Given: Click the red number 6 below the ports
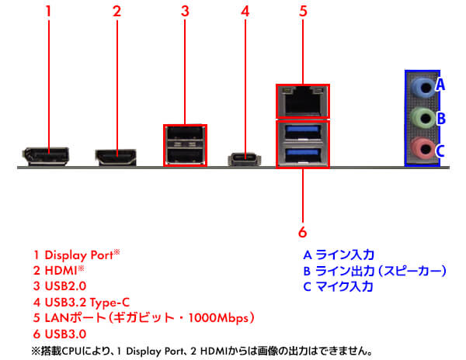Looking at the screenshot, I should pos(303,231).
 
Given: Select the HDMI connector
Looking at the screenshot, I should pos(116,157).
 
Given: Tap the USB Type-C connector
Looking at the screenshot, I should pos(245,158).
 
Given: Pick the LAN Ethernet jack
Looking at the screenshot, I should pos(302,100).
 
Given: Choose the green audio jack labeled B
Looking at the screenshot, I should pos(420,118).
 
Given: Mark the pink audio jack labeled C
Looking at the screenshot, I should pos(420,148).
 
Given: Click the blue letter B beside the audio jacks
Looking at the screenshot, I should pos(440,119).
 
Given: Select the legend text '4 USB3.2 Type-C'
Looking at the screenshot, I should pos(82,302).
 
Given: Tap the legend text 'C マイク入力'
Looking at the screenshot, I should pos(338,286).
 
